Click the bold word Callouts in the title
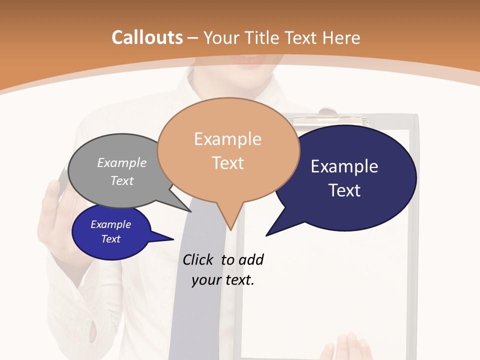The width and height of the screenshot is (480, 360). (x=147, y=37)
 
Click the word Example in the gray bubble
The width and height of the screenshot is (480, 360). (x=122, y=162)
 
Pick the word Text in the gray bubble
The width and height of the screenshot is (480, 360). (x=122, y=180)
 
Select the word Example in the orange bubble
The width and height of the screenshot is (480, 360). (x=227, y=139)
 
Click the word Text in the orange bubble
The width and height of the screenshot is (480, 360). (x=227, y=163)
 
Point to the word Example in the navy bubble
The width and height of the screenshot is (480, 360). (x=344, y=166)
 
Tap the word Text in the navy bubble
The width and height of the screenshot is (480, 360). (x=344, y=190)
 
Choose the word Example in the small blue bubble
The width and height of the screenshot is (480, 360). (x=111, y=224)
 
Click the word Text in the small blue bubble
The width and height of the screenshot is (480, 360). (x=111, y=239)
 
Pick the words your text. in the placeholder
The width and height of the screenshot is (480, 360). (x=223, y=280)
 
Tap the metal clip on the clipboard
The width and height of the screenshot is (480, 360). (x=327, y=114)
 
